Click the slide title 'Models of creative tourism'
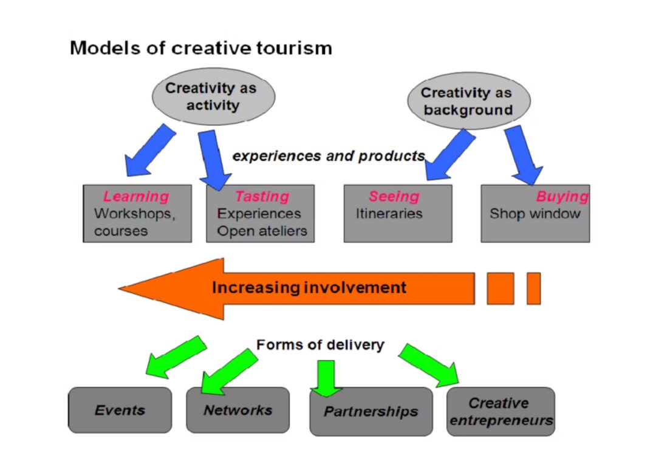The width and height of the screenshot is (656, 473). (201, 48)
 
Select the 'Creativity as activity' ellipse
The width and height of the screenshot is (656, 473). (212, 97)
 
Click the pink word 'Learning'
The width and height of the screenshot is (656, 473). (136, 197)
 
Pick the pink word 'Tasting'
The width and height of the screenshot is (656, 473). (262, 197)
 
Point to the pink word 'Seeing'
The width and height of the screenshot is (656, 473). (394, 197)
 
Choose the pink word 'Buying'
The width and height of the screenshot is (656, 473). (562, 197)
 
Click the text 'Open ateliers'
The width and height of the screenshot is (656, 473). (262, 231)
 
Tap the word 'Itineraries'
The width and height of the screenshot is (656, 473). (389, 214)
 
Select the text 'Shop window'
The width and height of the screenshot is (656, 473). (535, 214)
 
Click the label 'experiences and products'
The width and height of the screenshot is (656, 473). (329, 156)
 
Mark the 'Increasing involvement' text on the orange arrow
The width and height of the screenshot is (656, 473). (309, 287)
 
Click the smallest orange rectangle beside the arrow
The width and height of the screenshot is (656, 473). (533, 288)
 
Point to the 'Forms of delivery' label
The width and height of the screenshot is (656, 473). (320, 345)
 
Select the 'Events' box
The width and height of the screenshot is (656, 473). (120, 410)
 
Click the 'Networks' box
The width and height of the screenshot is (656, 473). (237, 410)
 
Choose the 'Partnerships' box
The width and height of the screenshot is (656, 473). (371, 412)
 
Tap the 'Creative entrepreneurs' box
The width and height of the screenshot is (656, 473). (501, 412)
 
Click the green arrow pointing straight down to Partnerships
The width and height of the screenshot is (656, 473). (327, 377)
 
